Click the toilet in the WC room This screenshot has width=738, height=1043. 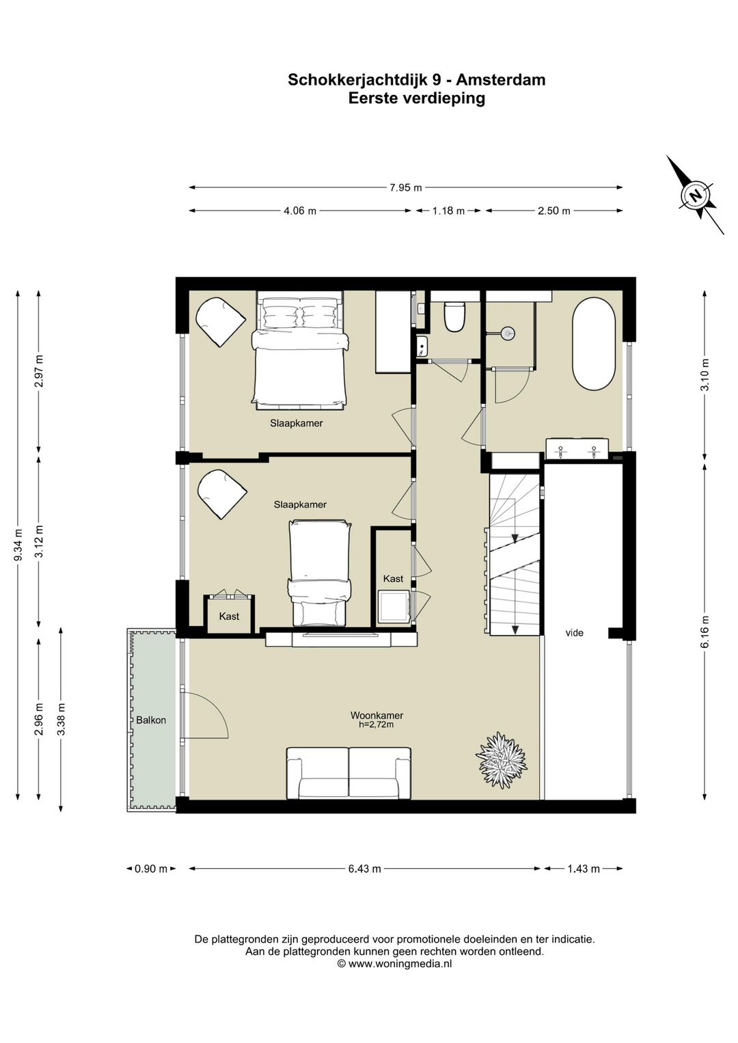click(x=454, y=316)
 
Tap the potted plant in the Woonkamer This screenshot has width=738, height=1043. click(x=501, y=760)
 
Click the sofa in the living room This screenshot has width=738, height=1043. click(x=348, y=772)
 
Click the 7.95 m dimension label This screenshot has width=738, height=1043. click(x=405, y=188)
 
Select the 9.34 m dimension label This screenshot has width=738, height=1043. click(x=18, y=544)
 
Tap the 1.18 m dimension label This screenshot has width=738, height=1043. click(x=448, y=211)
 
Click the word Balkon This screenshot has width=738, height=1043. click(x=151, y=720)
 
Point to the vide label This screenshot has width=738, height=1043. click(x=574, y=633)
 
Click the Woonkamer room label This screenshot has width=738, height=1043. click(x=377, y=715)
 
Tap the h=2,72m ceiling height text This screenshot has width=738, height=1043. click(x=377, y=724)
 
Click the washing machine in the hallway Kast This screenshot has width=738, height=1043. click(x=394, y=606)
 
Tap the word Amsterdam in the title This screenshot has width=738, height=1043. click(x=500, y=79)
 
